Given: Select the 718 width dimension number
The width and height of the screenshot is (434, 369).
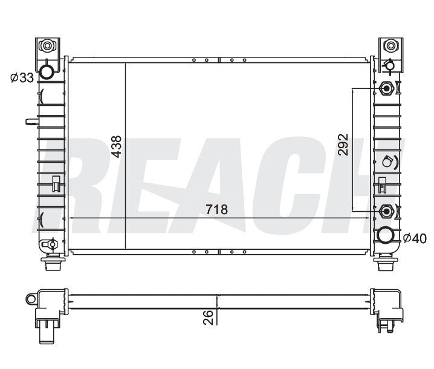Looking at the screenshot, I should (x=216, y=210).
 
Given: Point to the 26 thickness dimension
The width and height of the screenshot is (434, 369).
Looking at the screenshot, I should (x=207, y=318).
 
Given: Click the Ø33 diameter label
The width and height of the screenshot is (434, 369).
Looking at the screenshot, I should (x=21, y=77).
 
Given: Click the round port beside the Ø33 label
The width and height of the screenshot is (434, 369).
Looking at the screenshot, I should (x=47, y=73).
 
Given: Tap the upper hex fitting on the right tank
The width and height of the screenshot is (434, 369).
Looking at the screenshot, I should (x=386, y=89).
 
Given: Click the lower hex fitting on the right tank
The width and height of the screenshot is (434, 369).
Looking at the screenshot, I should (x=386, y=211).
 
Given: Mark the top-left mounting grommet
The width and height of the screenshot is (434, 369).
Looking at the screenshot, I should (x=47, y=45).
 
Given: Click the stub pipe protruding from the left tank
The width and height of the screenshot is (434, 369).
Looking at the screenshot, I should (x=32, y=122).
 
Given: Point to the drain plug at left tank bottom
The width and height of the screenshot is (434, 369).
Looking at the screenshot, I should (x=51, y=245).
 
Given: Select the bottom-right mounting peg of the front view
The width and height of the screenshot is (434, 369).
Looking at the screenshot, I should (x=384, y=264).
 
